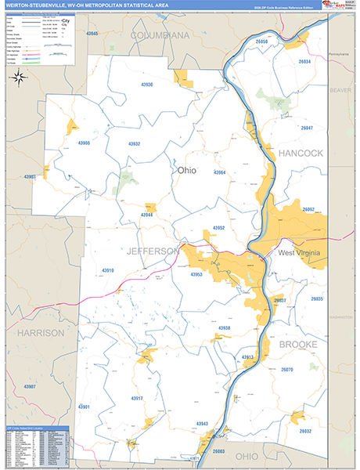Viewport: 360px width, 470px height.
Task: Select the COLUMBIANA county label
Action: (160, 36)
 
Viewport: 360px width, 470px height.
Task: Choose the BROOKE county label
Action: (298, 344)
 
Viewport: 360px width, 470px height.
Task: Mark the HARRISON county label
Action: (41, 333)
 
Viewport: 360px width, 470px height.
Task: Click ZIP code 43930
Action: (153, 85)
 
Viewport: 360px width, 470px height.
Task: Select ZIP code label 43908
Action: (89, 143)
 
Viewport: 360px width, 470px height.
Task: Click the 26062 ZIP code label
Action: (308, 210)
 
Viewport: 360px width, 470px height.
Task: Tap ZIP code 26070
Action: (286, 369)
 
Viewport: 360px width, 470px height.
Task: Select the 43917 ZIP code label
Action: (137, 399)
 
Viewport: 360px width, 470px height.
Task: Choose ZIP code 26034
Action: (304, 61)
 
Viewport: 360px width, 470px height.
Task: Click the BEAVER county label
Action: (340, 90)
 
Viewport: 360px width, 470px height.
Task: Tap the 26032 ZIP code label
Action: (304, 431)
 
